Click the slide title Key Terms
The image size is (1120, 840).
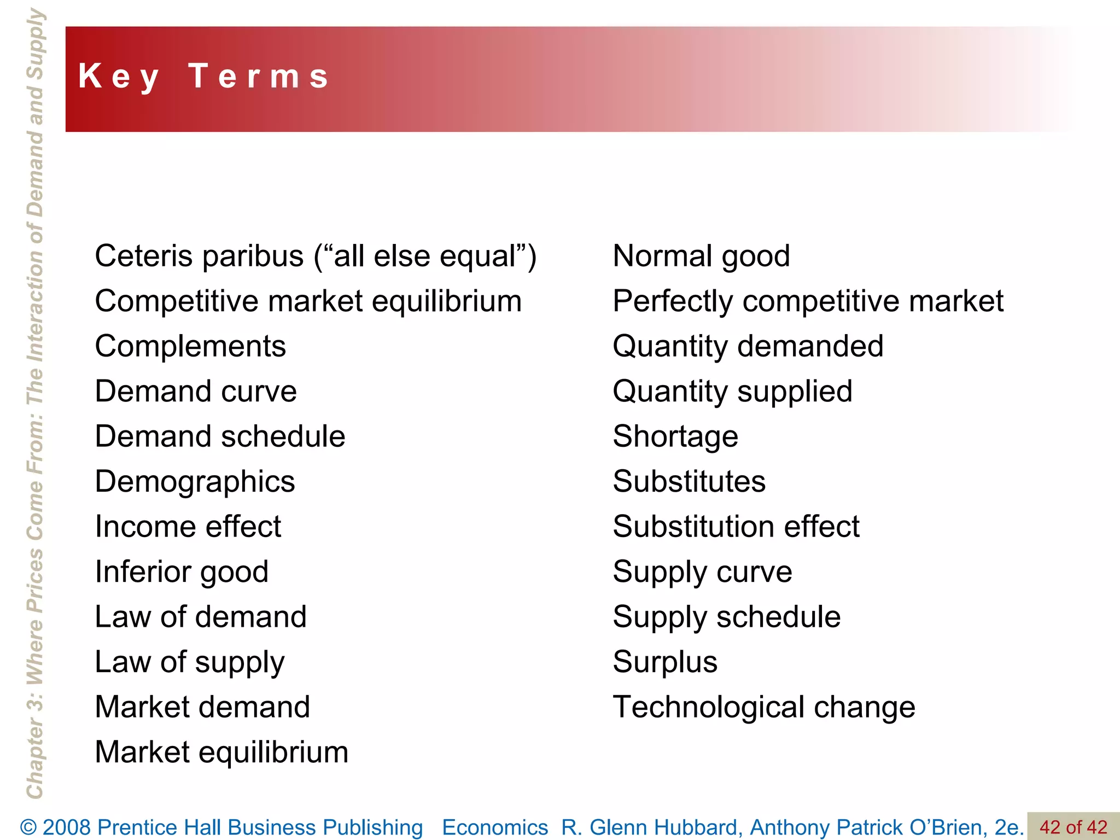click(x=203, y=77)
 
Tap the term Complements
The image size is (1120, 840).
click(x=190, y=346)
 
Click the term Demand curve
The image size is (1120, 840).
click(x=196, y=392)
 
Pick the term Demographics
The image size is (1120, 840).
click(x=195, y=482)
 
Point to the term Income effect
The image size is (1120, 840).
click(x=188, y=527)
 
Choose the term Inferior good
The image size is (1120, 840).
click(x=182, y=572)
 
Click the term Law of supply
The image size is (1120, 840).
click(x=189, y=662)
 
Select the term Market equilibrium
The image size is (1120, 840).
click(x=221, y=752)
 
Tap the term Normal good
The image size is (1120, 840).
click(x=701, y=256)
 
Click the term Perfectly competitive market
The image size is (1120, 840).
click(x=808, y=301)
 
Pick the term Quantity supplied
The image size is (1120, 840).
click(x=732, y=392)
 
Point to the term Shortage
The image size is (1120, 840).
click(x=675, y=436)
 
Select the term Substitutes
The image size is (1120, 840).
click(x=689, y=482)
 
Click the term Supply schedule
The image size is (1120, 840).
click(x=726, y=617)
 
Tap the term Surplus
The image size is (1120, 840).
click(x=665, y=662)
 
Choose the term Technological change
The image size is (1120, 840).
click(x=764, y=707)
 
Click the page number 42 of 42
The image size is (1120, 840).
click(x=1073, y=827)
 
